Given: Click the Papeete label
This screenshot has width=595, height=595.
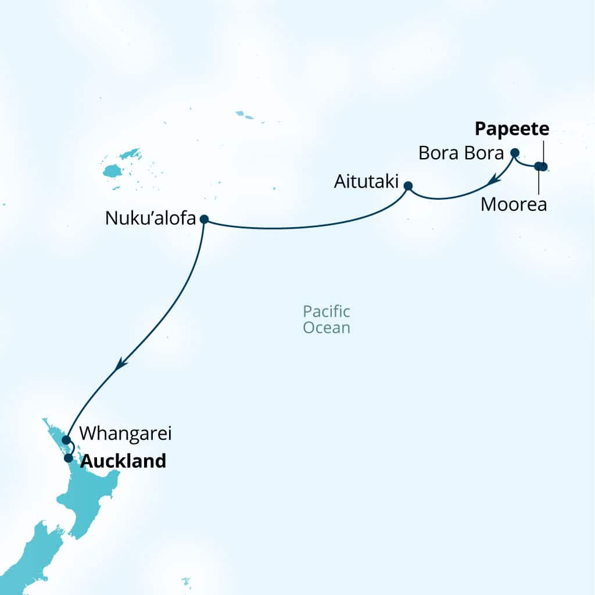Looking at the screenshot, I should (x=512, y=128).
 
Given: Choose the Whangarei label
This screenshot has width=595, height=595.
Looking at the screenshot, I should (x=126, y=433).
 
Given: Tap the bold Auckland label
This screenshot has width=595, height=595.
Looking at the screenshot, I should (x=123, y=461).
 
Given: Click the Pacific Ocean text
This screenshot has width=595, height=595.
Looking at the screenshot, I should (x=327, y=320).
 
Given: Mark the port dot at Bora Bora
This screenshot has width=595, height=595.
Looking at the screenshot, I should (x=514, y=153).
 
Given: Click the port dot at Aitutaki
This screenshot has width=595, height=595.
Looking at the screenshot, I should (x=408, y=186).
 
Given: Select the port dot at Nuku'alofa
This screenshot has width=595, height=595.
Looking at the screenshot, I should (x=204, y=219).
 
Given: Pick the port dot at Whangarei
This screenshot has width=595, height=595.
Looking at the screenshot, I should (x=66, y=439).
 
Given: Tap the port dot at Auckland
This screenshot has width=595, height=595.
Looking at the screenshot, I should (x=69, y=458).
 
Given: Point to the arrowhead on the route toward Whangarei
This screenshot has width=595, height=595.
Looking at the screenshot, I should (x=120, y=364).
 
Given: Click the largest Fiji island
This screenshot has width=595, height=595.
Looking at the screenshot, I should (x=111, y=171).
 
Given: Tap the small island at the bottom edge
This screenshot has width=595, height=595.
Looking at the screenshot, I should (x=186, y=582).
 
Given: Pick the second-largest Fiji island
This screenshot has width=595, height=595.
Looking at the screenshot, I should (x=131, y=155).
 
